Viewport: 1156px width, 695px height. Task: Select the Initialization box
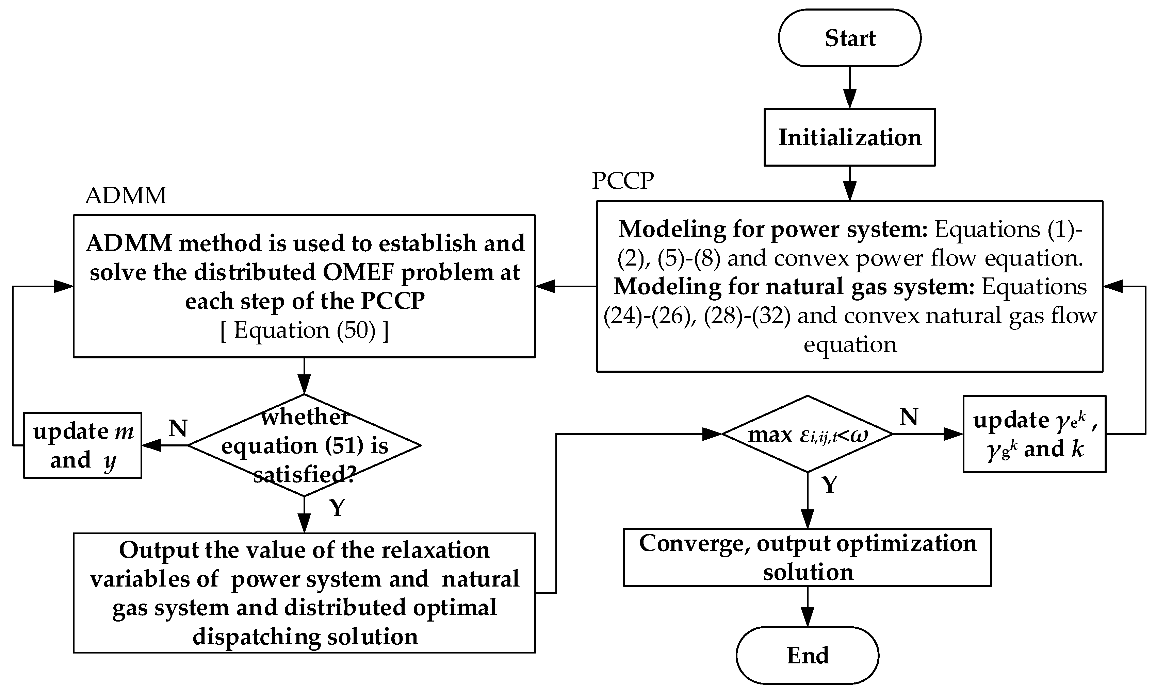[849, 137]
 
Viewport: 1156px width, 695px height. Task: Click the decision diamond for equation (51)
[304, 445]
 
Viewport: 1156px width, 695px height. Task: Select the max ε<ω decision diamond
[807, 434]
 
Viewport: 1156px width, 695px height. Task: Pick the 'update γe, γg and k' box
[1034, 434]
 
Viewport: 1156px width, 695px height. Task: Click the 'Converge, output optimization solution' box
[807, 557]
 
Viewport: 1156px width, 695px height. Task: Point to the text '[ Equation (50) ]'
[304, 330]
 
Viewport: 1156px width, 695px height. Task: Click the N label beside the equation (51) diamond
[178, 428]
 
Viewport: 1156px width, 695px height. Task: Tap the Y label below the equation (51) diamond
[337, 507]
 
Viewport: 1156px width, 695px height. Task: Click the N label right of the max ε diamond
[909, 416]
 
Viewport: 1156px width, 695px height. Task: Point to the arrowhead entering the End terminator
[807, 617]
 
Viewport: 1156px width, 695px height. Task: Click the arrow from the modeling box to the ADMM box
[565, 286]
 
